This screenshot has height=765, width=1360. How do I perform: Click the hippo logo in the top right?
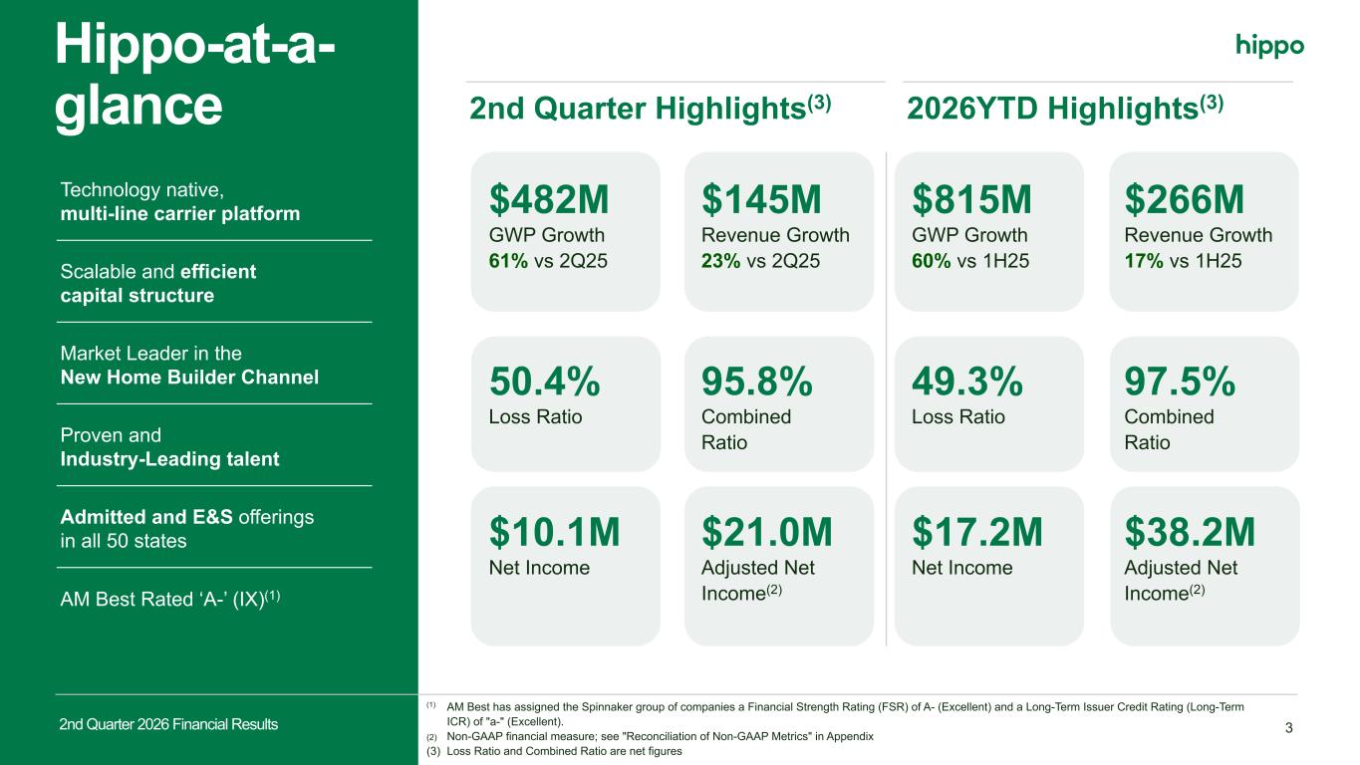1269,46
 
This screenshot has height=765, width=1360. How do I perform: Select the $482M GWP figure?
549,200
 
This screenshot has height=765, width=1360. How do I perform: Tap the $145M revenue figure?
761,200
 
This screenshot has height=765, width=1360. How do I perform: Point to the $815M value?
971,200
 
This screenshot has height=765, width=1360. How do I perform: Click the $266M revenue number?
1184,200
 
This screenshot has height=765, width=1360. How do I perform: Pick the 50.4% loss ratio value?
545,382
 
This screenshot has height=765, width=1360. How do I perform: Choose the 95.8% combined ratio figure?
757,382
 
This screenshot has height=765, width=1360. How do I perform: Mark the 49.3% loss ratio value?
967,382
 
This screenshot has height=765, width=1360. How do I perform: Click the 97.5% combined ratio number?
1180,382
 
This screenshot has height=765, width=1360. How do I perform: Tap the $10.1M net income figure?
555,532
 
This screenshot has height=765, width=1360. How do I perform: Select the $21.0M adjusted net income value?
767,532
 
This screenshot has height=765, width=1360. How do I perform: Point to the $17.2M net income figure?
977,532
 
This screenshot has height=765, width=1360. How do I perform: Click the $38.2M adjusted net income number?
1190,532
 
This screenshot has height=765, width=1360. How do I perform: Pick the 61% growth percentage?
508,261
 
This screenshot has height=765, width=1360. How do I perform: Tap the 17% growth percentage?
1144,261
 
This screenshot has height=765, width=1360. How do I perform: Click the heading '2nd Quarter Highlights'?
638,110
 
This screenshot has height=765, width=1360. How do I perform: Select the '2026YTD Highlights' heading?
1052,110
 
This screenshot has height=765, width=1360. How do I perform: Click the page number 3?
1289,728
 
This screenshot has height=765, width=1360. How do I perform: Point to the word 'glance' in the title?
138,107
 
